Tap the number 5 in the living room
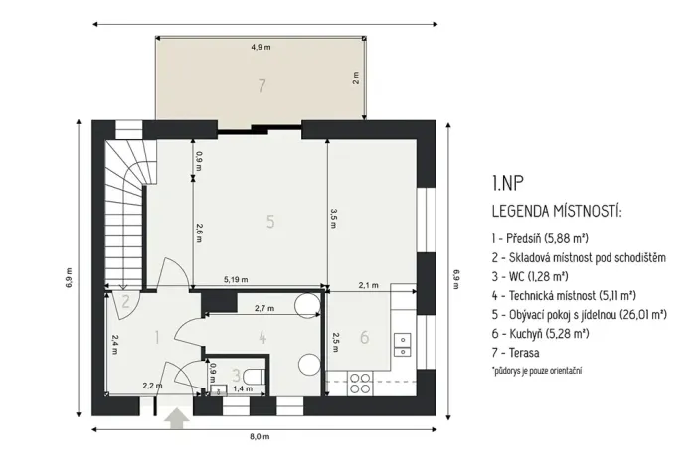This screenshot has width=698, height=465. tap(269, 221)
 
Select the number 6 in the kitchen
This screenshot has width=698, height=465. tap(364, 338)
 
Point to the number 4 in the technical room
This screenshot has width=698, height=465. tap(262, 338)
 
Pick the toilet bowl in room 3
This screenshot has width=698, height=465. tap(256, 375)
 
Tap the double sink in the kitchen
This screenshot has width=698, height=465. tap(403, 343)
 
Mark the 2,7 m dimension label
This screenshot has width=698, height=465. tap(264, 309)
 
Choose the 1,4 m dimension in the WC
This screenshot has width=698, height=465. tap(241, 388)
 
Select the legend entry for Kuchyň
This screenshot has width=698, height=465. tap(542, 332)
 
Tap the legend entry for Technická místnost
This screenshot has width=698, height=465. tap(564, 294)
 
